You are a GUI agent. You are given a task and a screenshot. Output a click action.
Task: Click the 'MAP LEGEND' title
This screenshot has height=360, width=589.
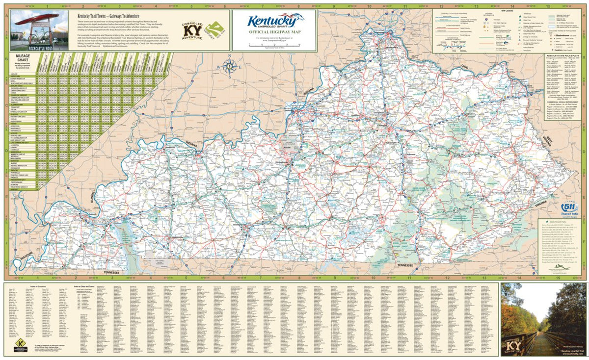pyautogui.click(x=507, y=10)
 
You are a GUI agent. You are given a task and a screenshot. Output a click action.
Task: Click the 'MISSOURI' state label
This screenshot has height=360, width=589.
pyautogui.click(x=23, y=258)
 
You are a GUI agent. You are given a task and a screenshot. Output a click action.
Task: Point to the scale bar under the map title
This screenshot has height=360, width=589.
pyautogui.click(x=275, y=45)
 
